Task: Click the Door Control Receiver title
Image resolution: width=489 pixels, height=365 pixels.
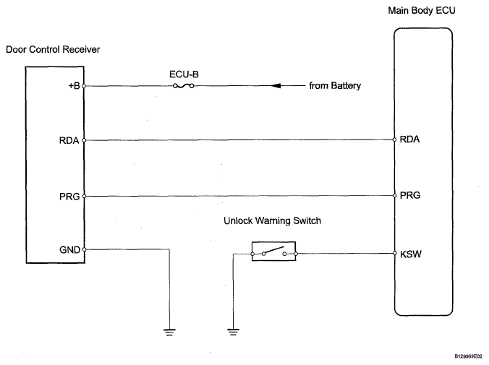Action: click(x=53, y=50)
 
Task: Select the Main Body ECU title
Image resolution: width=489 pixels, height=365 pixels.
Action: click(x=422, y=11)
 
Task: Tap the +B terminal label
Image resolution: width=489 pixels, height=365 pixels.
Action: click(x=75, y=86)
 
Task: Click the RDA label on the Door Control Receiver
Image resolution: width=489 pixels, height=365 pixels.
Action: click(x=69, y=140)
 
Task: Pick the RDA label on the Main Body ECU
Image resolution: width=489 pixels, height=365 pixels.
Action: click(x=409, y=139)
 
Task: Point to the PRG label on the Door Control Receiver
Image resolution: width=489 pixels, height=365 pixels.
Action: click(x=69, y=197)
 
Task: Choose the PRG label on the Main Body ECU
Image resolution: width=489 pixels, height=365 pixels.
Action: click(x=410, y=195)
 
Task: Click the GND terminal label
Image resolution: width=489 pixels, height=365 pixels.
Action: click(x=70, y=249)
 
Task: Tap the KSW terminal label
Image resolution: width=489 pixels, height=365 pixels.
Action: click(x=411, y=254)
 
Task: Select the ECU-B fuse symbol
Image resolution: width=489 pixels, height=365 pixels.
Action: click(x=184, y=86)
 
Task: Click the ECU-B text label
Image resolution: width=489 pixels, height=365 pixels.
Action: click(x=184, y=74)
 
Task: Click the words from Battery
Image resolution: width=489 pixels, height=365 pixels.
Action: click(x=335, y=86)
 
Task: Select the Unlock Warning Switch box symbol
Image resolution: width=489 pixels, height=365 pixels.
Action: click(x=274, y=252)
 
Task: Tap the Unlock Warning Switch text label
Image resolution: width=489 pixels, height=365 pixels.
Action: click(x=272, y=221)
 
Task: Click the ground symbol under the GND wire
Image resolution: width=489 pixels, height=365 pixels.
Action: click(x=169, y=332)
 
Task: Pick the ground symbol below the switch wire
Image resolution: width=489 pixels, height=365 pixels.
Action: click(x=233, y=332)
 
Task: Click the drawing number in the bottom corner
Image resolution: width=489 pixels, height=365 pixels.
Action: click(x=469, y=356)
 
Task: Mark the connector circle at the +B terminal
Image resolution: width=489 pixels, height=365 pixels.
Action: click(x=84, y=86)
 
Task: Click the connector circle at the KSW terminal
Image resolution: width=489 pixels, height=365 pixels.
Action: click(x=394, y=253)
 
